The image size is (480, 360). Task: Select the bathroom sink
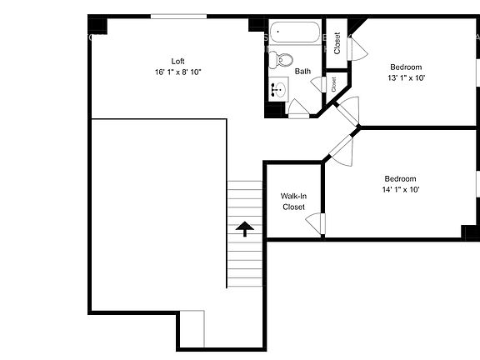(x=278, y=87)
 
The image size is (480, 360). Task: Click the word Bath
(x=302, y=72)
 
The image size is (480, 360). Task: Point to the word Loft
(x=177, y=61)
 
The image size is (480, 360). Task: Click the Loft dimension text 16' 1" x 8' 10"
(x=177, y=72)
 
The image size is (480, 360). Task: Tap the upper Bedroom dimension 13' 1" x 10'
(x=406, y=78)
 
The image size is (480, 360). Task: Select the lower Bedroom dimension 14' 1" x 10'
(x=401, y=189)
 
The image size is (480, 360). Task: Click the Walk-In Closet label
(x=293, y=201)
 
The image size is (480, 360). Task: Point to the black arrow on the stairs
(x=245, y=228)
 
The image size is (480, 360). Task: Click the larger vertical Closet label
(x=337, y=42)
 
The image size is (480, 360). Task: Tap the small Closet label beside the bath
(x=333, y=83)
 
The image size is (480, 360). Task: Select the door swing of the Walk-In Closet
(x=315, y=222)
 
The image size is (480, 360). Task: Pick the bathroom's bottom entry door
(x=297, y=107)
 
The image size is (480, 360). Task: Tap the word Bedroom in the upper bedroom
(x=406, y=67)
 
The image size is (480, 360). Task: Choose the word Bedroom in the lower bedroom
(x=400, y=177)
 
